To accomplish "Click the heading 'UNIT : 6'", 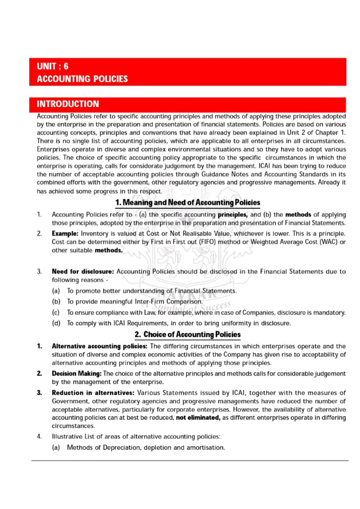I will point(52,66).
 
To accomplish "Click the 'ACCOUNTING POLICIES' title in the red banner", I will point(82,79).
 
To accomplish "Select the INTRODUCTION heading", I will point(68,104).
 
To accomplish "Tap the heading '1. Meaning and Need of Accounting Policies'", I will point(187,203).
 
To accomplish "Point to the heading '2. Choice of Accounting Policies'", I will point(187,335).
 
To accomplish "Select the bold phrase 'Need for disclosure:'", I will point(83,272).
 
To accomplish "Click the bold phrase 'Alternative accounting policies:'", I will point(99,346).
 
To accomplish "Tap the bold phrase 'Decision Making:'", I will point(76,374).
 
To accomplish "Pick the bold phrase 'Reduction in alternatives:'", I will point(93,393).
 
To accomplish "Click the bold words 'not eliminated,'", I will point(198,418).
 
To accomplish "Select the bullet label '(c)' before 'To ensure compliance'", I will point(56,313).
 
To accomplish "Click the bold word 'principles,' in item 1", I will point(233,215).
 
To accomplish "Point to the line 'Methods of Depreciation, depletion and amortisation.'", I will point(146,448).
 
